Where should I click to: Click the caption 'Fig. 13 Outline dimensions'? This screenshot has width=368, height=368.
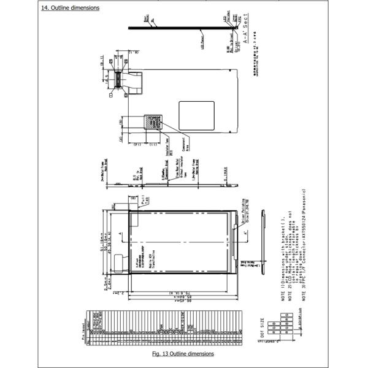(x=183, y=354)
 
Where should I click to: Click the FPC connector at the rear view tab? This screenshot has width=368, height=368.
(x=131, y=83)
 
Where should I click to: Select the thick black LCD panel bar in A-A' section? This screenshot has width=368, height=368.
(x=184, y=27)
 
